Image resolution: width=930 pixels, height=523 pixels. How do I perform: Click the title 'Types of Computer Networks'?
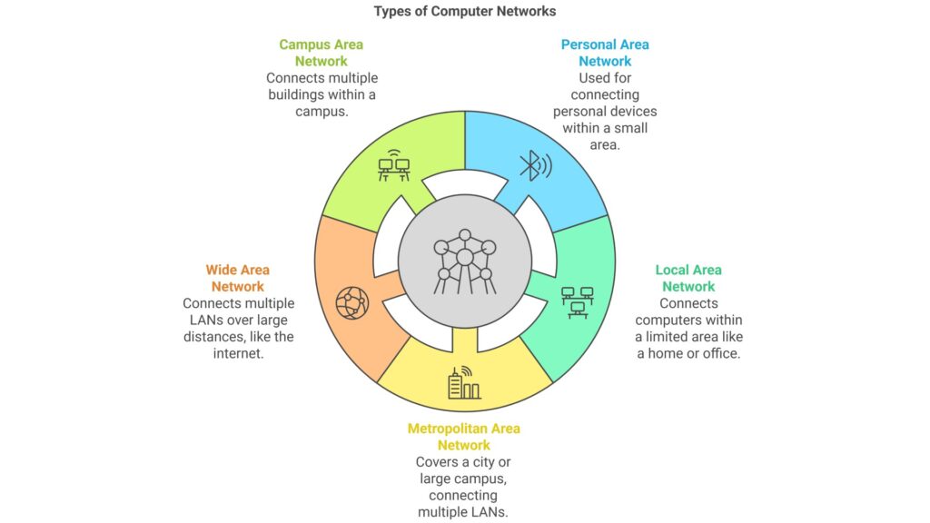(465, 12)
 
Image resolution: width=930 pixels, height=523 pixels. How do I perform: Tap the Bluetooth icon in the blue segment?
(533, 165)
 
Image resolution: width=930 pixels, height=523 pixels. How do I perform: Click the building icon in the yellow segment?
(464, 383)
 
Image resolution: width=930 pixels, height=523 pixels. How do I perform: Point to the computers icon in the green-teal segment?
(577, 301)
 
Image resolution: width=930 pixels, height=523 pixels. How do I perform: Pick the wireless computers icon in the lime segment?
(393, 167)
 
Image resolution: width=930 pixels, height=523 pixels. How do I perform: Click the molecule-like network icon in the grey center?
(465, 258)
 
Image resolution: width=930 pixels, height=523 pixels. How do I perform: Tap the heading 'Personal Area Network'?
(605, 53)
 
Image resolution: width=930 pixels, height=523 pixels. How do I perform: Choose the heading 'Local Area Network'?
(688, 278)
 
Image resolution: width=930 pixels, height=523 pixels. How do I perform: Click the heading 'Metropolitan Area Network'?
(464, 437)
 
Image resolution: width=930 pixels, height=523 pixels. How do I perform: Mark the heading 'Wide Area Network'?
(237, 278)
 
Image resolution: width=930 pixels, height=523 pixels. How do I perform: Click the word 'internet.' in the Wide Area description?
(238, 354)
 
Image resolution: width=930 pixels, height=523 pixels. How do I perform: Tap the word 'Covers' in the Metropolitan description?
(436, 462)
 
